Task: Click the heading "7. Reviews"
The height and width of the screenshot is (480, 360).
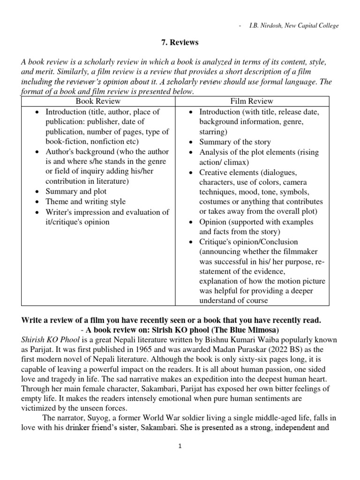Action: coord(180,43)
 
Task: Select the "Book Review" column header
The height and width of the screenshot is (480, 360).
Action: coord(98,101)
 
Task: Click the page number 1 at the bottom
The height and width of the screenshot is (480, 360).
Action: coord(180,447)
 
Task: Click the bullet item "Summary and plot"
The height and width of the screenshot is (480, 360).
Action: coord(76,191)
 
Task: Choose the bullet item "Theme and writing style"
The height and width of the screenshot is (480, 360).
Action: coord(85,202)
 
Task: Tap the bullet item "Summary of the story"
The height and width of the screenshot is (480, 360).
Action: coord(235,142)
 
